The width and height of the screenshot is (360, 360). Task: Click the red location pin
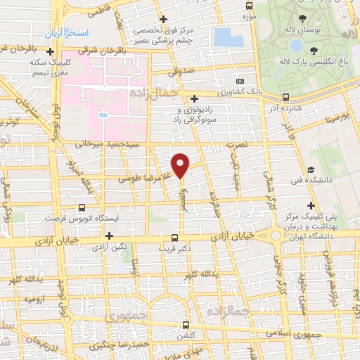(x=181, y=165)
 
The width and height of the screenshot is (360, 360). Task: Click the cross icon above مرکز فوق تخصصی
(x=164, y=19)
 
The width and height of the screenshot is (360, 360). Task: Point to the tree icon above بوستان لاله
(x=303, y=19)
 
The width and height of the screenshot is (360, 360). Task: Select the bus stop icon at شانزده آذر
(x=285, y=98)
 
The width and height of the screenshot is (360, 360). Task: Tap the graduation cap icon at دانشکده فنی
(x=310, y=169)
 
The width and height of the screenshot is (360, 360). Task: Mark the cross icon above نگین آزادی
(x=109, y=236)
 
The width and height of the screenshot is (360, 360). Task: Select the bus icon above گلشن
(x=186, y=325)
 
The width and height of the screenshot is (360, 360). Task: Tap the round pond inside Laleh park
(x=296, y=46)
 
